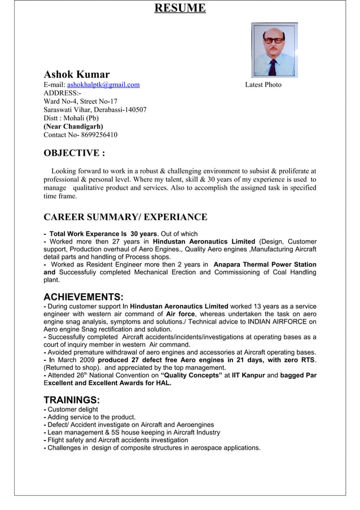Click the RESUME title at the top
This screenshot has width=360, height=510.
180,8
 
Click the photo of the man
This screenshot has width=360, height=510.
274,50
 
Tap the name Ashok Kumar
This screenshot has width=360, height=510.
77,75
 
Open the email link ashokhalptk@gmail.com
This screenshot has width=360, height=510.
103,85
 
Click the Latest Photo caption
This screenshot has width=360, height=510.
263,85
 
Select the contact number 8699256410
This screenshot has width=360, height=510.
99,135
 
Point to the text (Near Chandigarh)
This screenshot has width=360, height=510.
73,127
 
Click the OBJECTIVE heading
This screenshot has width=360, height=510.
74,153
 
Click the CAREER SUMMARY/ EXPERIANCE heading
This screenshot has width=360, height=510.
125,217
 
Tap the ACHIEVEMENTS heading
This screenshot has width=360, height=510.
84,297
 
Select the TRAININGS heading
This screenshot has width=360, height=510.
72,400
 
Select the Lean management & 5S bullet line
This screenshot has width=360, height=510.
133,433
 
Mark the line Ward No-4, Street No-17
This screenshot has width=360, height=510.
81,102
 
